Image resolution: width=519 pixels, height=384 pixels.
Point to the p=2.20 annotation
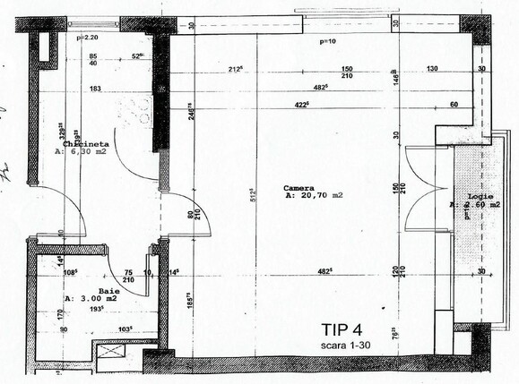89,38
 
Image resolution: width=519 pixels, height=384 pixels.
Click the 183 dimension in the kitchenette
95,88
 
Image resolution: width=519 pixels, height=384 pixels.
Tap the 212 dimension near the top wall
238,69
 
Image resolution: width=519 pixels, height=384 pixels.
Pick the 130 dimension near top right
431,69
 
